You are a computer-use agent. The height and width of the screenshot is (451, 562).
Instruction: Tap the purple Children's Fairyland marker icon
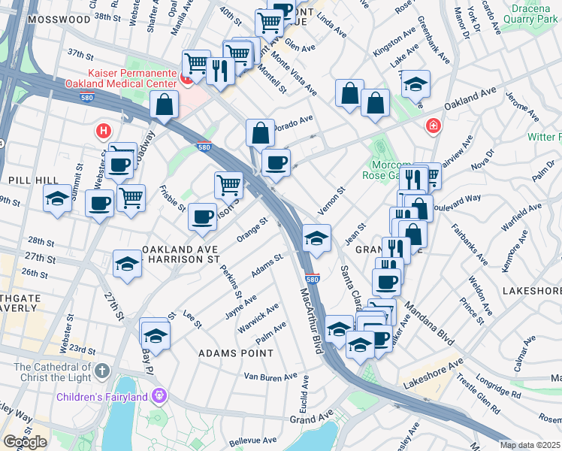(159, 395)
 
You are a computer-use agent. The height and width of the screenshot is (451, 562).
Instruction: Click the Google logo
(25, 442)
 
